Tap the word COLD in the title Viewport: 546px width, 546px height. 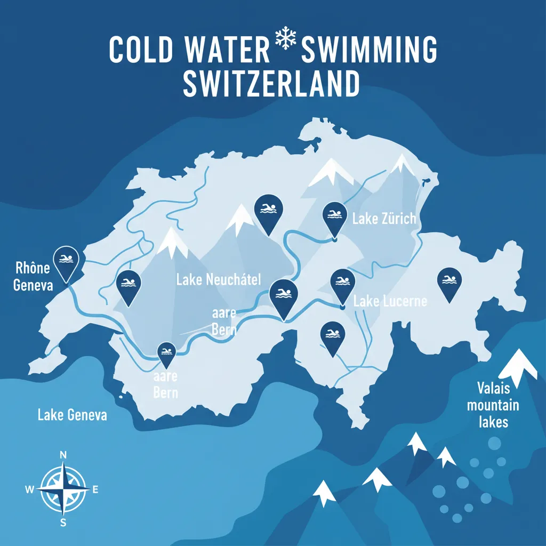click(141, 50)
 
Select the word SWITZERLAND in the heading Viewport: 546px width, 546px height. click(271, 84)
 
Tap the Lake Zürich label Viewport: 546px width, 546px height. click(384, 219)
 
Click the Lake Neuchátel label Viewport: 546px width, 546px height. click(218, 279)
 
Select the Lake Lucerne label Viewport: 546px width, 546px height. click(390, 301)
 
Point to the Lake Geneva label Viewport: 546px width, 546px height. click(73, 414)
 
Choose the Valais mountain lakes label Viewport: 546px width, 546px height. click(493, 405)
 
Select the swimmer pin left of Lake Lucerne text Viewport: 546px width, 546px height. click(342, 283)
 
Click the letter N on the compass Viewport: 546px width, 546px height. click(63, 455)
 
